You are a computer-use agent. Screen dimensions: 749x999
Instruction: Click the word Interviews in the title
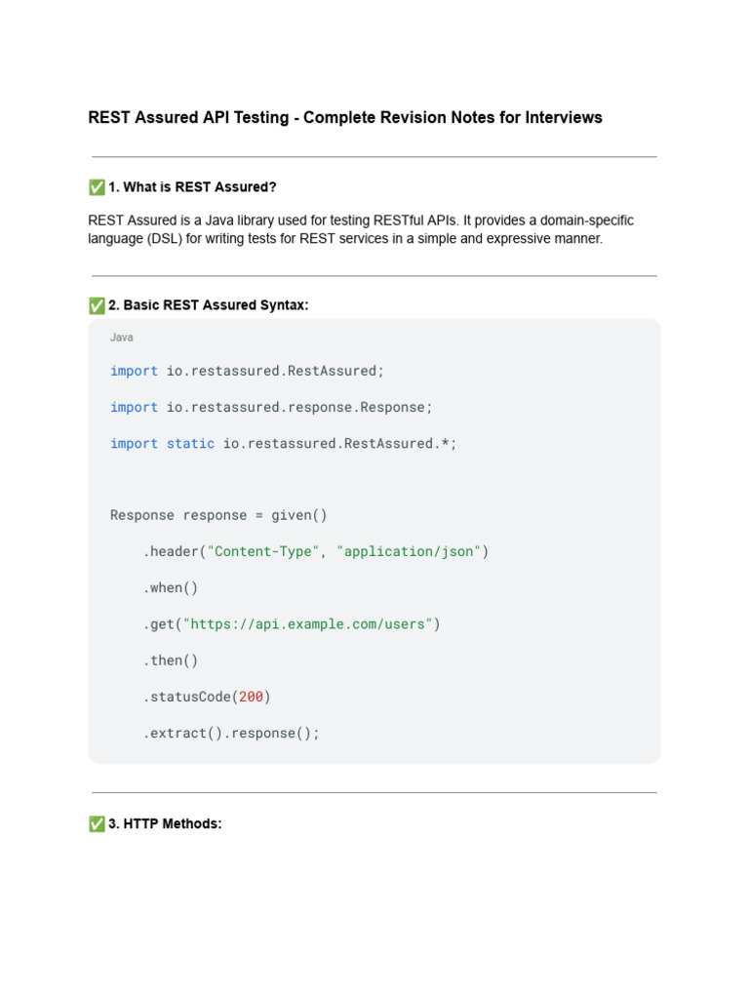click(564, 118)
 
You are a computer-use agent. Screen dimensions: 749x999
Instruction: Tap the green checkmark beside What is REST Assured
click(97, 187)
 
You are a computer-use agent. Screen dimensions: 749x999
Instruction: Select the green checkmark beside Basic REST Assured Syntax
click(97, 305)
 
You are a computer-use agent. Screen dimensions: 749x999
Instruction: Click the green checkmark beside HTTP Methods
click(97, 824)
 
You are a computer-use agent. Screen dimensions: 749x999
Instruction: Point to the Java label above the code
click(122, 338)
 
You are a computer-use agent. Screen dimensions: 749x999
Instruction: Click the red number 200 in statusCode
click(251, 697)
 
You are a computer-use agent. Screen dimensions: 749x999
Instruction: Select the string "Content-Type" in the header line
click(263, 551)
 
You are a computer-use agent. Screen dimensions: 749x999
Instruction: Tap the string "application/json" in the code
click(409, 551)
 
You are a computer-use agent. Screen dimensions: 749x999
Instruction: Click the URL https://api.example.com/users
click(307, 624)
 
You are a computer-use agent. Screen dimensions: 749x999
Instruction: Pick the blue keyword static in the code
click(190, 443)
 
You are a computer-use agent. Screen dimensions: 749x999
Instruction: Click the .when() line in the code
click(171, 587)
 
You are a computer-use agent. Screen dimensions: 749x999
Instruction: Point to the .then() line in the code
click(171, 660)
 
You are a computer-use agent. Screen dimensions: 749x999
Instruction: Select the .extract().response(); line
click(231, 733)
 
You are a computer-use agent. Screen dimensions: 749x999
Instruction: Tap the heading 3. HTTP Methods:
click(165, 824)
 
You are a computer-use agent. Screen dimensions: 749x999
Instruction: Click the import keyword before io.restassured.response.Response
click(134, 407)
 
